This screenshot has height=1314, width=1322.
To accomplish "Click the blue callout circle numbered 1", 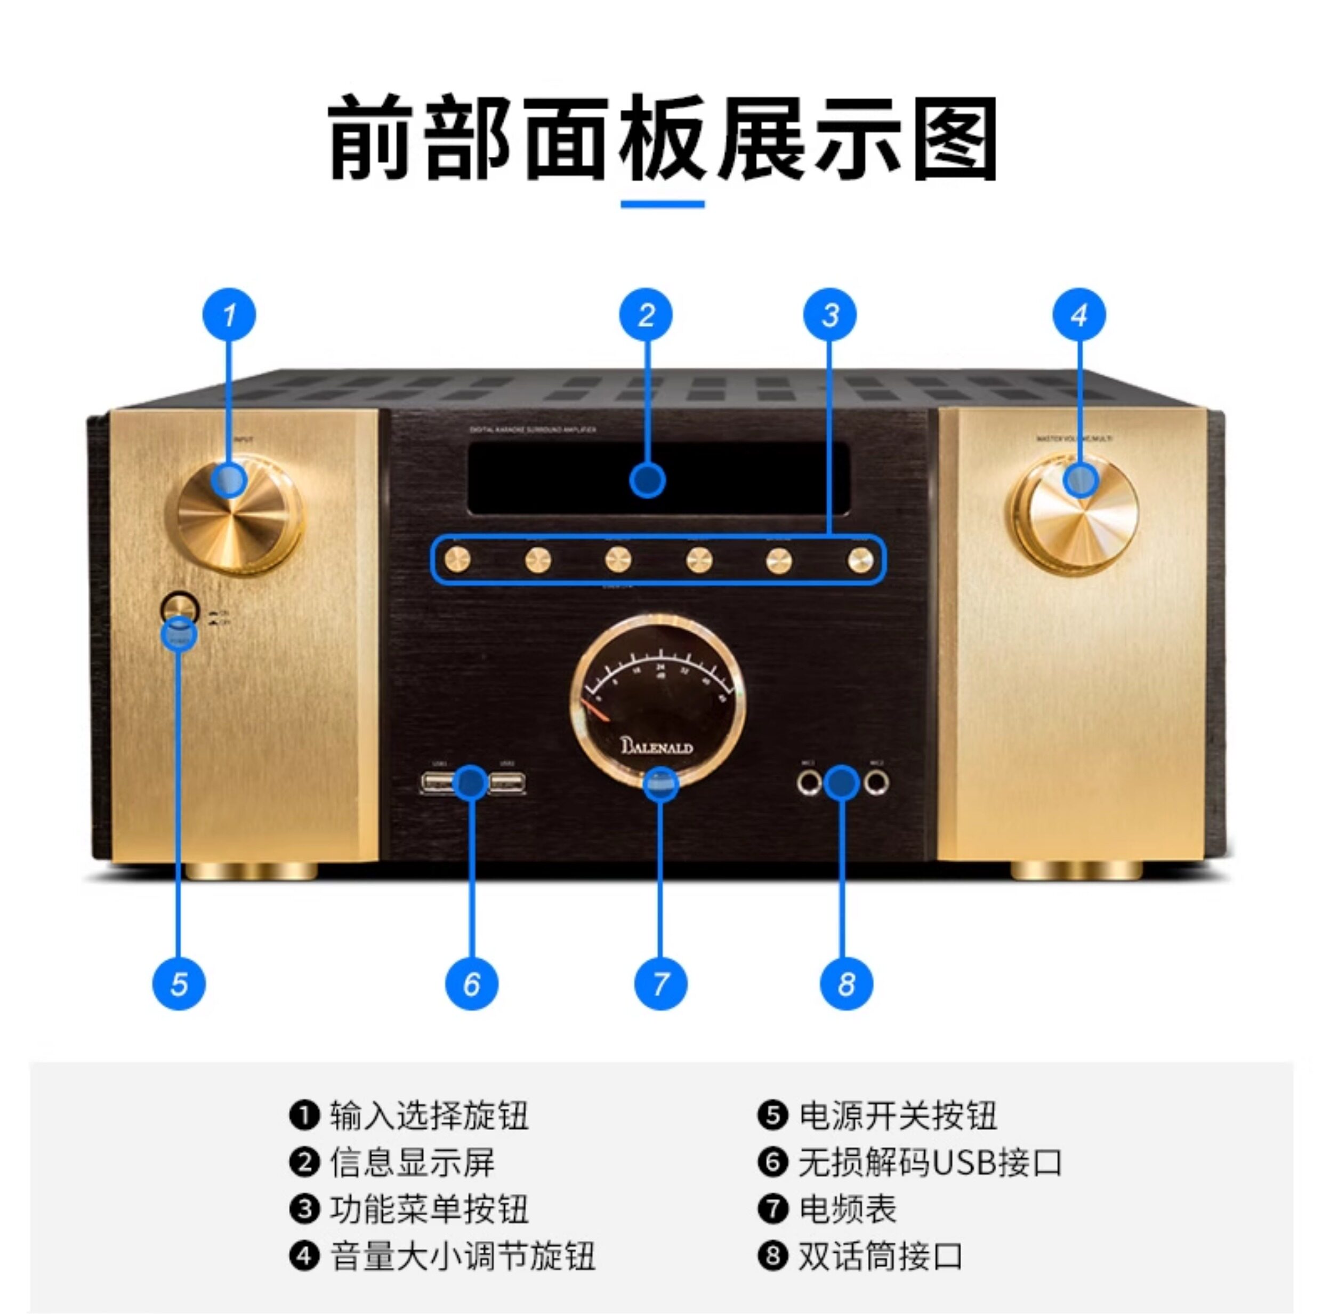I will (x=229, y=315).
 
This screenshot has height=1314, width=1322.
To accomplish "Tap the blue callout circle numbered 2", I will (x=646, y=315).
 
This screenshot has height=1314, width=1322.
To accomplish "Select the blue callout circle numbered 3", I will (x=829, y=315).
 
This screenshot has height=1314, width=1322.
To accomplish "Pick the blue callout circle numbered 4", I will (x=1079, y=315).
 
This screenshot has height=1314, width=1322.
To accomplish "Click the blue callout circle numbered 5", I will (x=179, y=984).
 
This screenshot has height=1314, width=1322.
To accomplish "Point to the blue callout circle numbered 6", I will (x=471, y=984).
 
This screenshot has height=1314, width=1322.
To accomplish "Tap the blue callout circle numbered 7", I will (x=660, y=984).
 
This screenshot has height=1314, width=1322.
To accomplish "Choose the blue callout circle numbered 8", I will (x=847, y=984).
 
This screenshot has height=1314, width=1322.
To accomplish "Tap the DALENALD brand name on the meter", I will (x=657, y=747).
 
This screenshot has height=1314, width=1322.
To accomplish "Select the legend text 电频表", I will (x=847, y=1209).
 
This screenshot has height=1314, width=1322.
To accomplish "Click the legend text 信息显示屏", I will (x=412, y=1163).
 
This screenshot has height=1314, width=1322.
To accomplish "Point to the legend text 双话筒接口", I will (x=881, y=1256).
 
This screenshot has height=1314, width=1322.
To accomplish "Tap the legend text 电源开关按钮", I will (x=897, y=1116).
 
